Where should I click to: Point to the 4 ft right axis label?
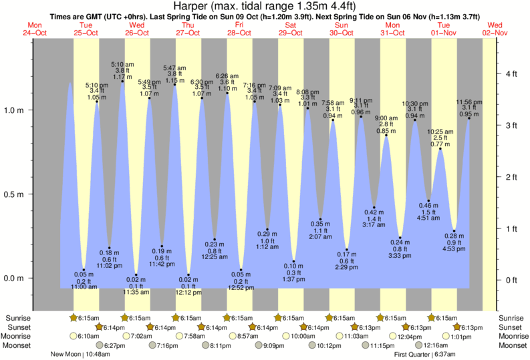tap(511, 73)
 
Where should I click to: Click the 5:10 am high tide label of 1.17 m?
tap(122, 65)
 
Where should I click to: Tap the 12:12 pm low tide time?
tap(189, 292)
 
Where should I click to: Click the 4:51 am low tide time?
tap(428, 217)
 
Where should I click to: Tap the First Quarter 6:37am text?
tap(426, 355)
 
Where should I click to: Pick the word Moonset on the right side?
tap(512, 345)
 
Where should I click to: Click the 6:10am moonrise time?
tap(87, 337)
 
